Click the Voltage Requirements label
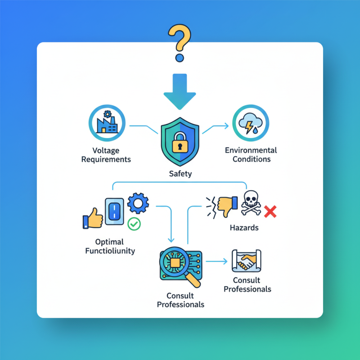[107, 155]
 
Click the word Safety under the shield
[180, 174]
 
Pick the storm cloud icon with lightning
[250, 123]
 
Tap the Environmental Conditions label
[251, 154]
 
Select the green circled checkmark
[134, 224]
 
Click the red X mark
[270, 211]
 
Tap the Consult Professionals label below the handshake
[247, 284]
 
